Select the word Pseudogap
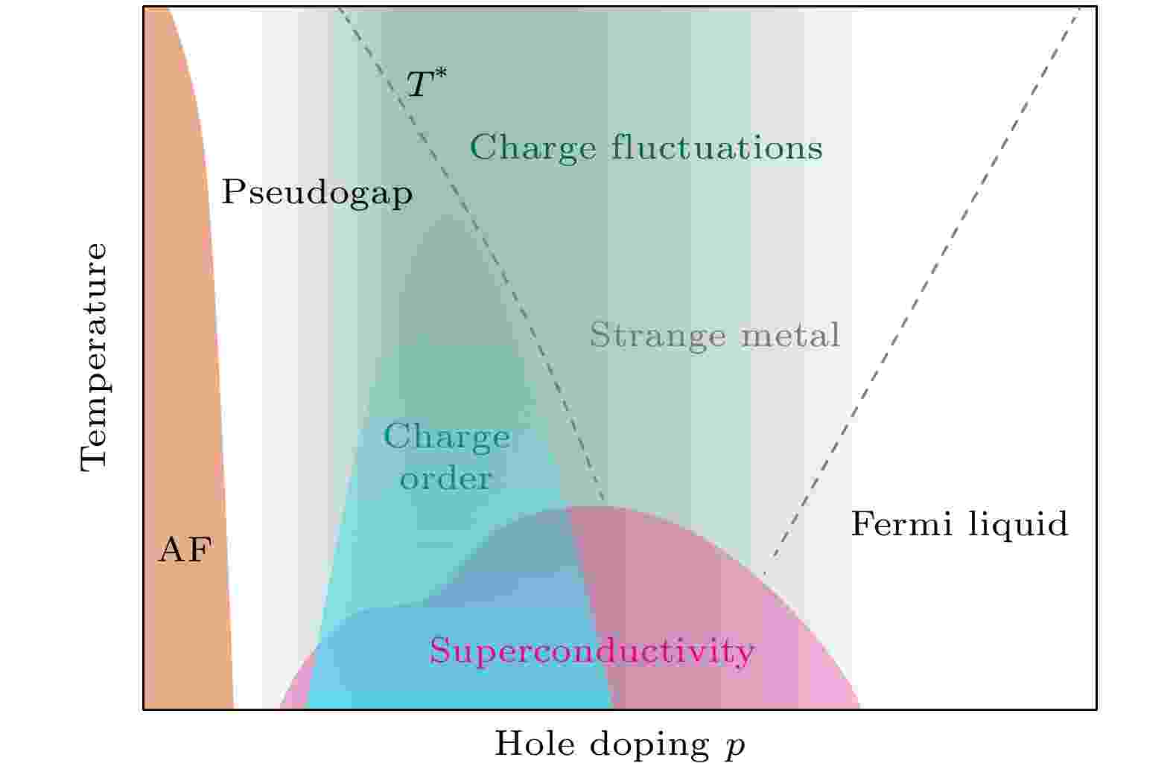tap(317, 194)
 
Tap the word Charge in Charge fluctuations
tap(533, 148)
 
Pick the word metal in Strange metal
tap(790, 334)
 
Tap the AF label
tap(185, 549)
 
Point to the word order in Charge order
tap(445, 478)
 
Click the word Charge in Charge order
tap(447, 437)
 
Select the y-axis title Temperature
tap(95, 357)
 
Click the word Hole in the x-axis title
tap(535, 743)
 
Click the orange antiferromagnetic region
tap(188, 366)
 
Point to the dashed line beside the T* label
tap(471, 253)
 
